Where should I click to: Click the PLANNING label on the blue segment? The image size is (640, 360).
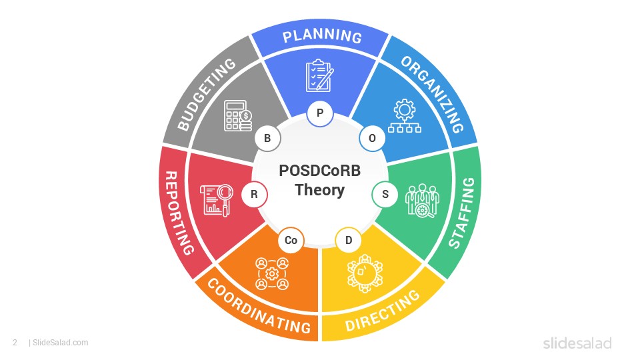click(322, 36)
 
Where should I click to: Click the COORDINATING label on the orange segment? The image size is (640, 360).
click(259, 306)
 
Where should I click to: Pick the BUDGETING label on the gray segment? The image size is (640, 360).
click(207, 95)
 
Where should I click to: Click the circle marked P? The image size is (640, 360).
click(320, 113)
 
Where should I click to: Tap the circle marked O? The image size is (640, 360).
click(372, 139)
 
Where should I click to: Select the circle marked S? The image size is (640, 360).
click(385, 194)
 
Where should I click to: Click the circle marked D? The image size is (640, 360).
click(348, 240)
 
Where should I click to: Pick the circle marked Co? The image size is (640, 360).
click(291, 240)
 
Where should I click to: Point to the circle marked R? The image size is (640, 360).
click(254, 194)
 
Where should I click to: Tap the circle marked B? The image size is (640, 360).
click(267, 139)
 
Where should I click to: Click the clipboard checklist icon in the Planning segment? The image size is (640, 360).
click(319, 75)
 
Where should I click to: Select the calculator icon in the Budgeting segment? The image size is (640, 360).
click(237, 116)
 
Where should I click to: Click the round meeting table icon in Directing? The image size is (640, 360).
click(365, 273)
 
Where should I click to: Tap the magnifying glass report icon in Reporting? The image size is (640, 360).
click(216, 200)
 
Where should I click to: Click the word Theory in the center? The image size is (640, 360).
click(320, 190)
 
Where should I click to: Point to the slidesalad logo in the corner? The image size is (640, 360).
click(577, 343)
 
